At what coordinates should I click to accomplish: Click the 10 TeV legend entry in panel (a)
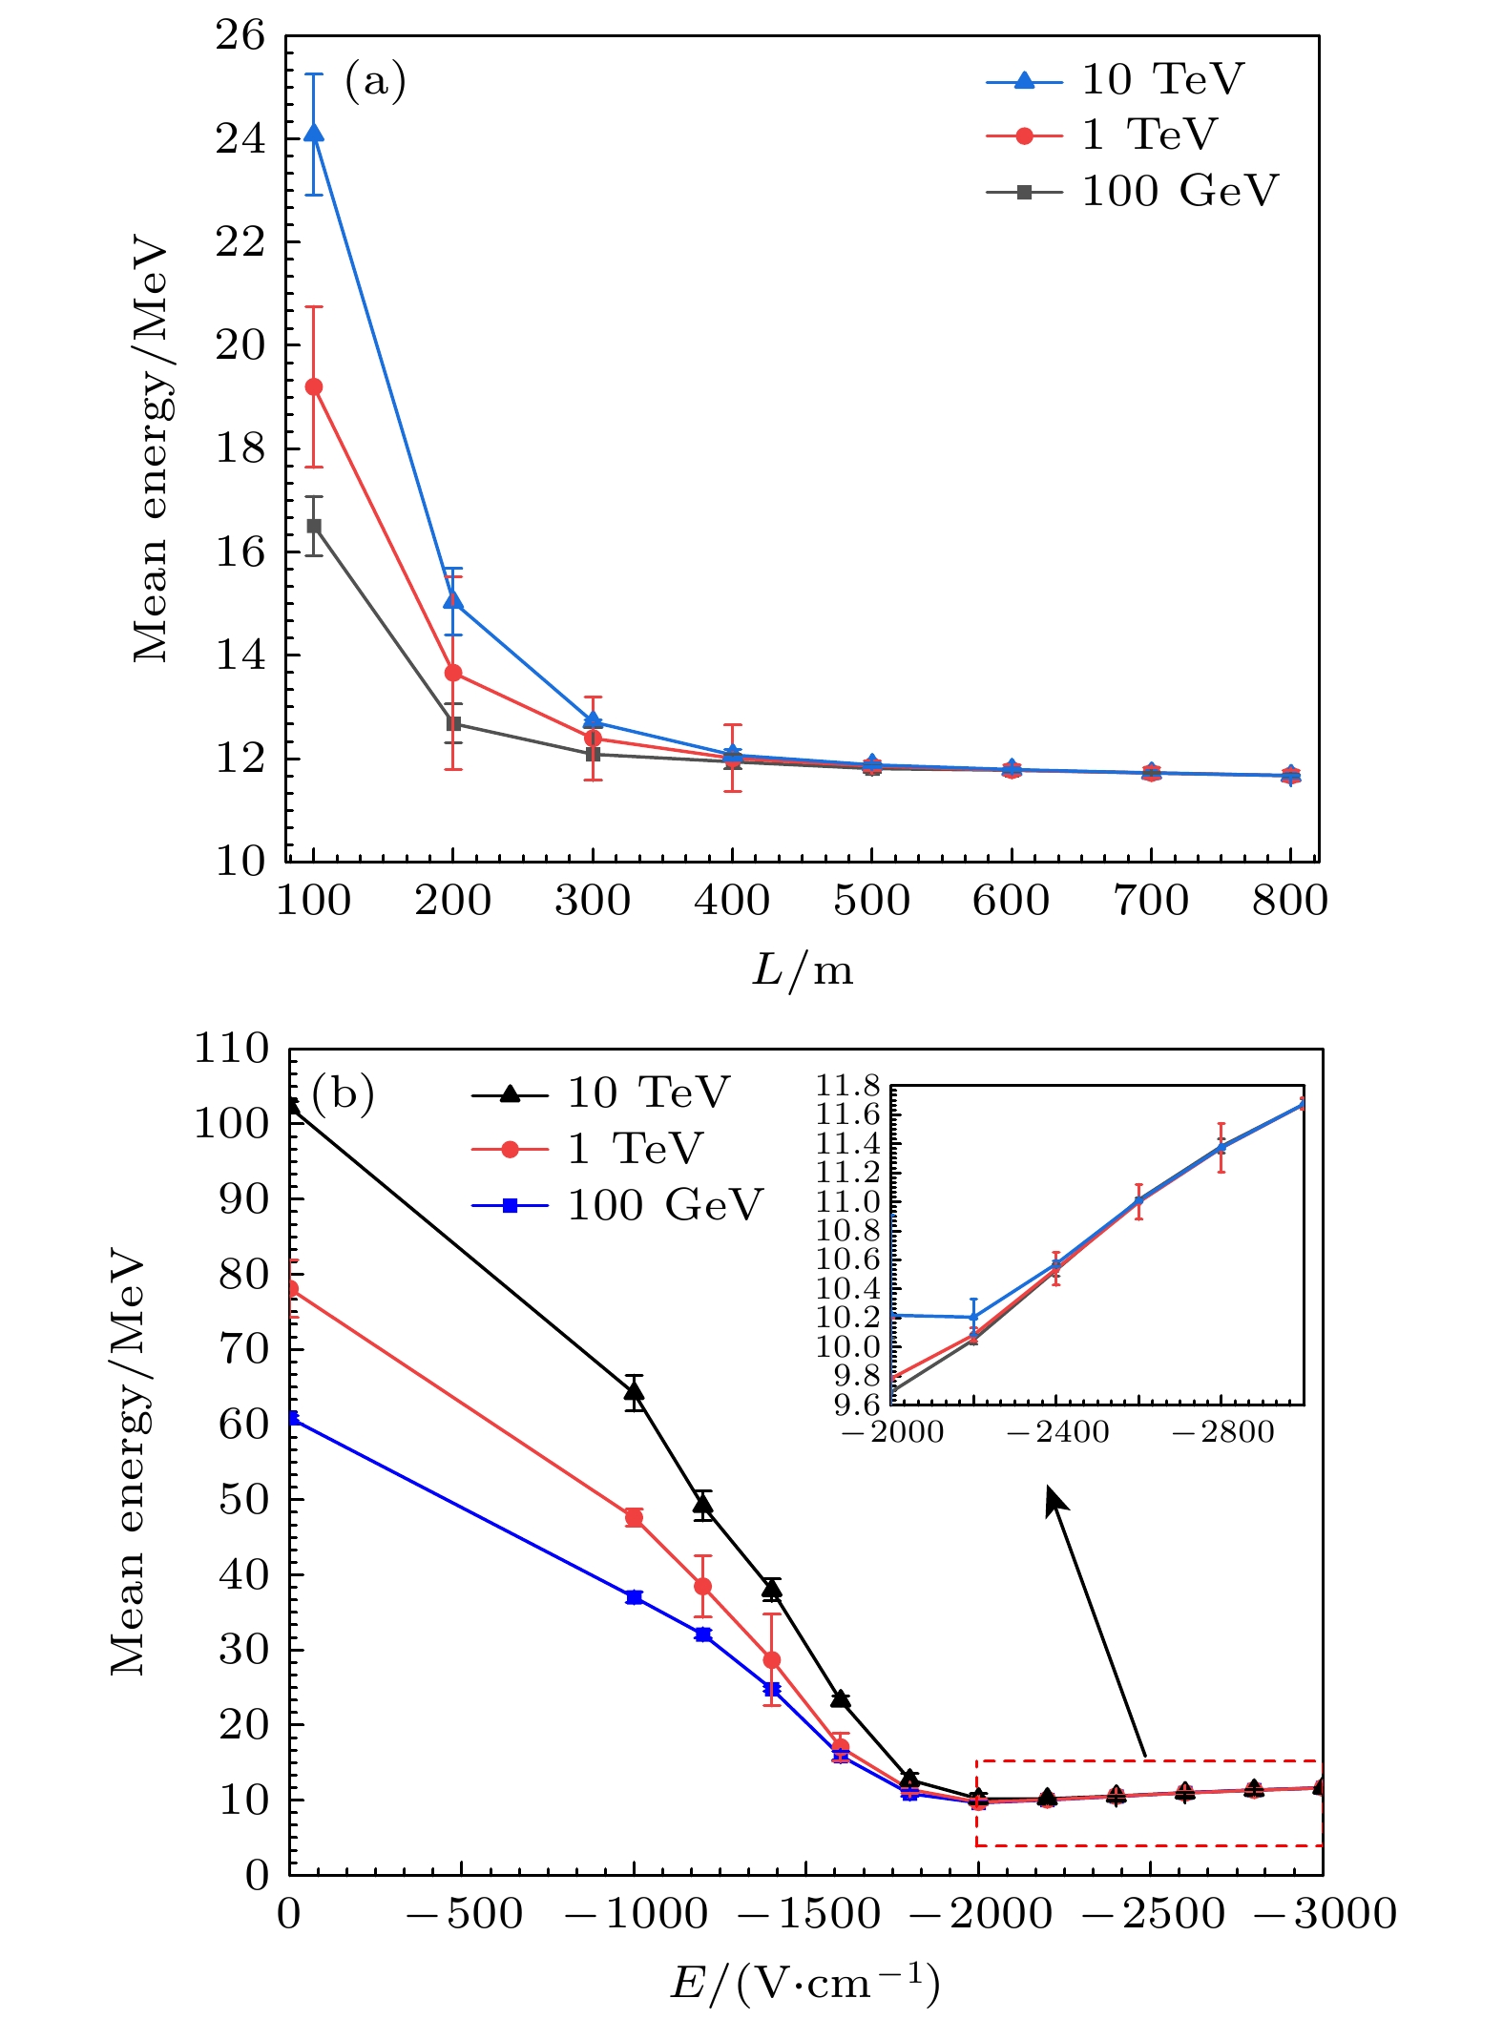point(1117,80)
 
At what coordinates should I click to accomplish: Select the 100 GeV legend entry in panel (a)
point(1132,192)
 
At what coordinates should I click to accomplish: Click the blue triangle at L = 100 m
point(314,134)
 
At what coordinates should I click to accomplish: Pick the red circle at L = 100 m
point(314,386)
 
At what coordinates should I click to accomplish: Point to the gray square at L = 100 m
point(314,526)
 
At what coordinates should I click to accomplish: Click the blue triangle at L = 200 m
point(453,601)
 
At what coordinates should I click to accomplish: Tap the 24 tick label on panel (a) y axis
point(240,139)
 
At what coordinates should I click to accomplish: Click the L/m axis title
point(803,971)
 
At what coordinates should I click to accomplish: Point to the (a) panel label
point(375,81)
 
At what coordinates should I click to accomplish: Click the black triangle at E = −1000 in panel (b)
point(635,1392)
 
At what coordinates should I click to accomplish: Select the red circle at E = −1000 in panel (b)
point(635,1517)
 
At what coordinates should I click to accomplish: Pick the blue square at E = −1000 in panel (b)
point(635,1597)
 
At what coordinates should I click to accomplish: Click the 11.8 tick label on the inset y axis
point(847,1086)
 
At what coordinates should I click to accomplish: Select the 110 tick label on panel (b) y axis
point(232,1050)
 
